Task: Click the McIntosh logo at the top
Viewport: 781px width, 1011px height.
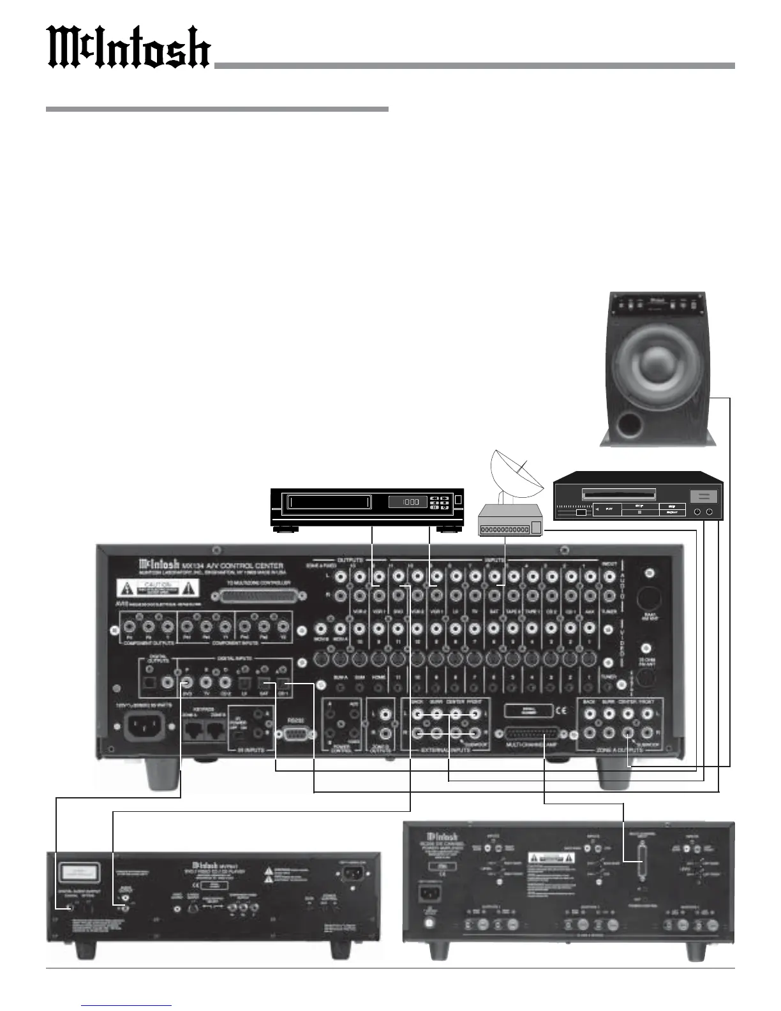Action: pyautogui.click(x=130, y=48)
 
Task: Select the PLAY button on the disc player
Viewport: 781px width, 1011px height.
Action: pyautogui.click(x=611, y=509)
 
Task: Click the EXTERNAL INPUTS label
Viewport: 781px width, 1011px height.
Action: pyautogui.click(x=446, y=749)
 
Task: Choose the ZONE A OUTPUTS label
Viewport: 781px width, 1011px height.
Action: pyautogui.click(x=619, y=749)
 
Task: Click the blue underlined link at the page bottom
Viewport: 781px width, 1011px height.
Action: pyautogui.click(x=126, y=1005)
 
